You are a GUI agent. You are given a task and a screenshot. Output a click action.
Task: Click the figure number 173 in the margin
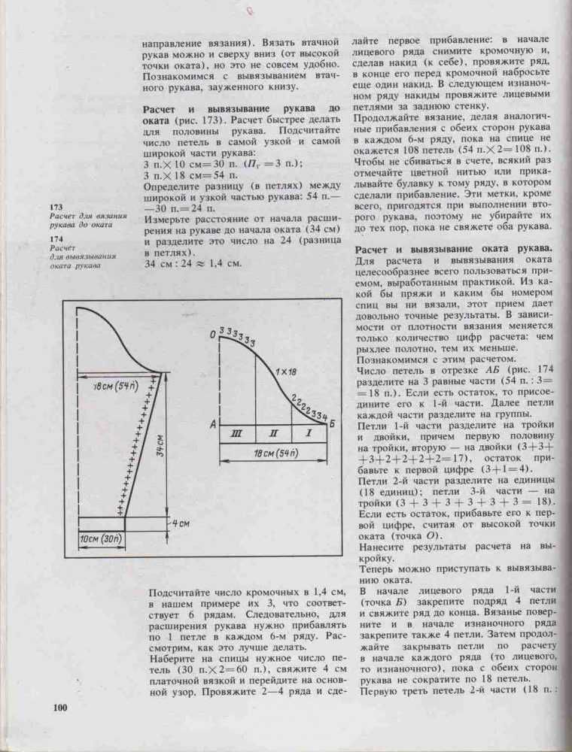coord(55,207)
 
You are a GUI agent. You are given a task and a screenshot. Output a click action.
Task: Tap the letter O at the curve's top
coord(214,333)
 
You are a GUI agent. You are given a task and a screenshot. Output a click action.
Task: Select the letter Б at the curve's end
coord(332,425)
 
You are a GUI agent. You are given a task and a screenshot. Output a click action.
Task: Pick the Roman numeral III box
coord(237,434)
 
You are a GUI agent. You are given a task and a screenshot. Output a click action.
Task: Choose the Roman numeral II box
coord(273,434)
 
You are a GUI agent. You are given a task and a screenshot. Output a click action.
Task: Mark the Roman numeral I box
coord(309,434)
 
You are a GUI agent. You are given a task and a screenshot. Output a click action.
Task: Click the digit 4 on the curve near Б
coord(324,415)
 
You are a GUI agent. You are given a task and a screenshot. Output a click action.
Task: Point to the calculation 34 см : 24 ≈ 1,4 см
coord(192,263)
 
